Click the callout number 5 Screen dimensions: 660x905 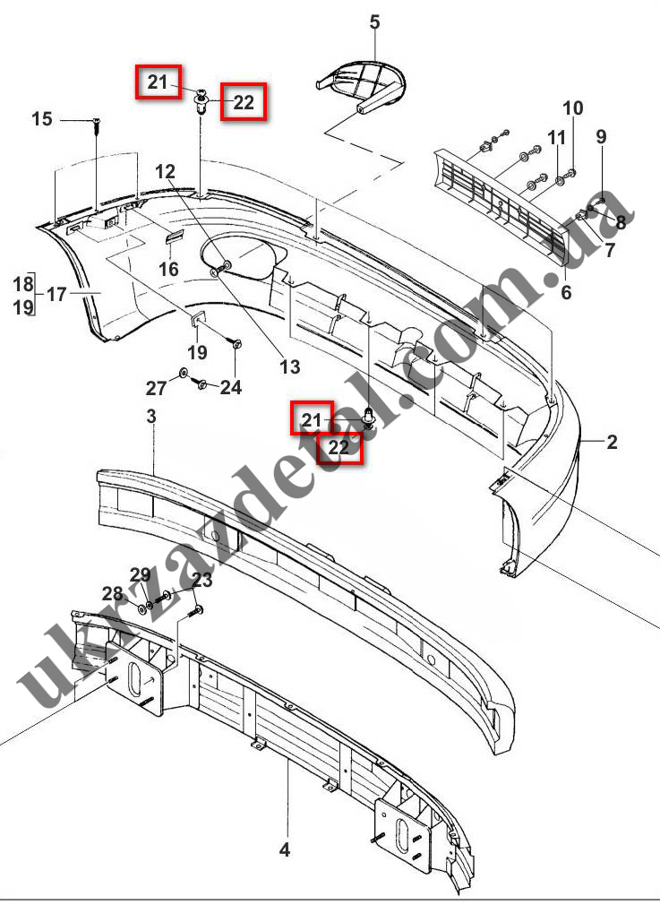pos(374,22)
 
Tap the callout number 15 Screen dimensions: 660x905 pos(41,119)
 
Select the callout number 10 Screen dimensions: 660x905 pos(572,108)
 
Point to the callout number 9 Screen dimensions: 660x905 pos(601,137)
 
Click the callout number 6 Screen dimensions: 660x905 pos(566,292)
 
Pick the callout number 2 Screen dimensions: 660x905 pos(612,442)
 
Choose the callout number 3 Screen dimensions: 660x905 pos(151,416)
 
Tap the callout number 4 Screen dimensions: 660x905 pos(285,849)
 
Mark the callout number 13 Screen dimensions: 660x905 pos(290,366)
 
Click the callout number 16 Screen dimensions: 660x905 pos(168,269)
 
